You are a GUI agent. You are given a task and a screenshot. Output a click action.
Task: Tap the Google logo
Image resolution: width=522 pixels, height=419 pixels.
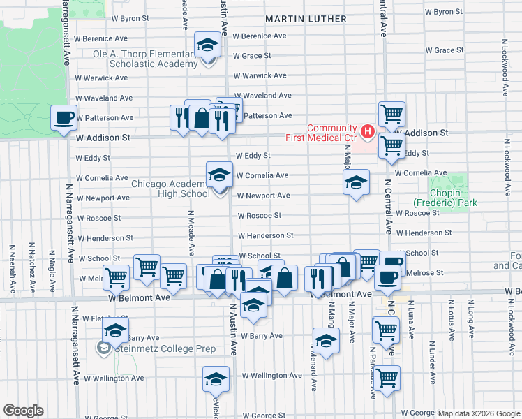click(x=23, y=411)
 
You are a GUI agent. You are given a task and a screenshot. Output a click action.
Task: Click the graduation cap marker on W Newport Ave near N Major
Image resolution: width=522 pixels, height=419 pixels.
click(x=356, y=184)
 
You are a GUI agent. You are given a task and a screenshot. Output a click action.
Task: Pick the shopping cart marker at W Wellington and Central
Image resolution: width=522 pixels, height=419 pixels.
click(x=387, y=378)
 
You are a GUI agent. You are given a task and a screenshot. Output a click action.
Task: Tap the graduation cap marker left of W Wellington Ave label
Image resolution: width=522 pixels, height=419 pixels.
click(x=216, y=379)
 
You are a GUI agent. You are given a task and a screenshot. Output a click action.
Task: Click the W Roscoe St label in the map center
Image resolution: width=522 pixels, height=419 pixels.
click(x=260, y=216)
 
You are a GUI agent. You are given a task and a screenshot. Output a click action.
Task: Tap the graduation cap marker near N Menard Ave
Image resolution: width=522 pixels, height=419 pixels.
click(x=325, y=341)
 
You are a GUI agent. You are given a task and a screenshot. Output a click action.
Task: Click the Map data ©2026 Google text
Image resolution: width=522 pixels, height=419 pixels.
click(x=478, y=413)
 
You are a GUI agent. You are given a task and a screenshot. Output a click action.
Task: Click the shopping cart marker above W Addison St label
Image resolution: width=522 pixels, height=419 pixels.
click(x=391, y=114)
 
